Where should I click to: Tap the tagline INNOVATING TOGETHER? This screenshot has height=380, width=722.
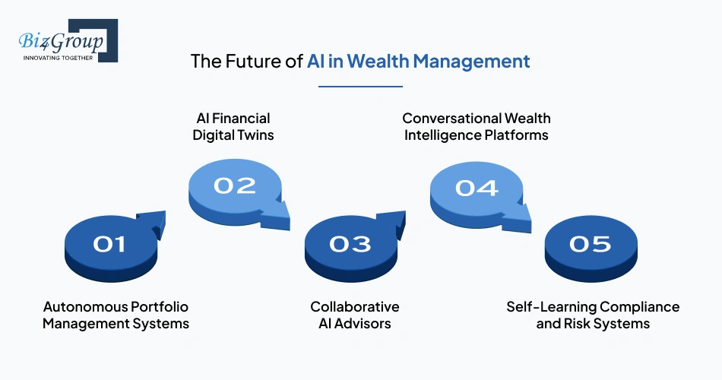(x=58, y=57)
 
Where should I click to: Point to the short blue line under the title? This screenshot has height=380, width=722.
(x=360, y=86)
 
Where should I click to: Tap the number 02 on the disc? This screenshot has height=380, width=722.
(x=234, y=185)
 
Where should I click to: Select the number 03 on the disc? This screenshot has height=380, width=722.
(x=350, y=243)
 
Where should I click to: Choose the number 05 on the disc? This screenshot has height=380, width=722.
(x=590, y=243)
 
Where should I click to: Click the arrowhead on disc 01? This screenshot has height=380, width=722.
(x=155, y=221)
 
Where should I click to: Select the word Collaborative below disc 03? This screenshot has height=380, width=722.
(x=354, y=306)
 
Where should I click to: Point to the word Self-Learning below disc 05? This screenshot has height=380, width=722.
(x=552, y=306)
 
